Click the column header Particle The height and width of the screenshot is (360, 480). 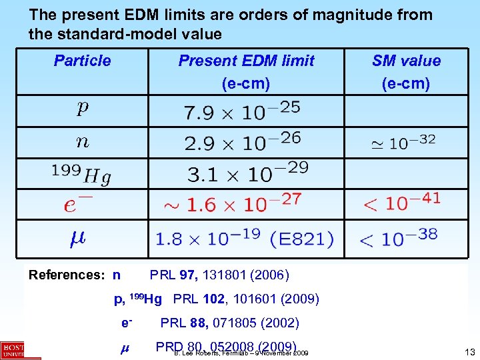82,61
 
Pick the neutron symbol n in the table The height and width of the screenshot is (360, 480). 82,141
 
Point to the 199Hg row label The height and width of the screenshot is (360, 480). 82,173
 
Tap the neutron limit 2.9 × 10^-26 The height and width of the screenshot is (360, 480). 242,142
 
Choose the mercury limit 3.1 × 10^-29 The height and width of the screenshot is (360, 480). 247,173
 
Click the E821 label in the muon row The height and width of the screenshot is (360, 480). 309,238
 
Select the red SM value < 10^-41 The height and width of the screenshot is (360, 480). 401,202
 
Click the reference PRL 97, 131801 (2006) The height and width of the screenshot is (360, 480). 219,275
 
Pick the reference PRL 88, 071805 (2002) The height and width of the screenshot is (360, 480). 229,323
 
